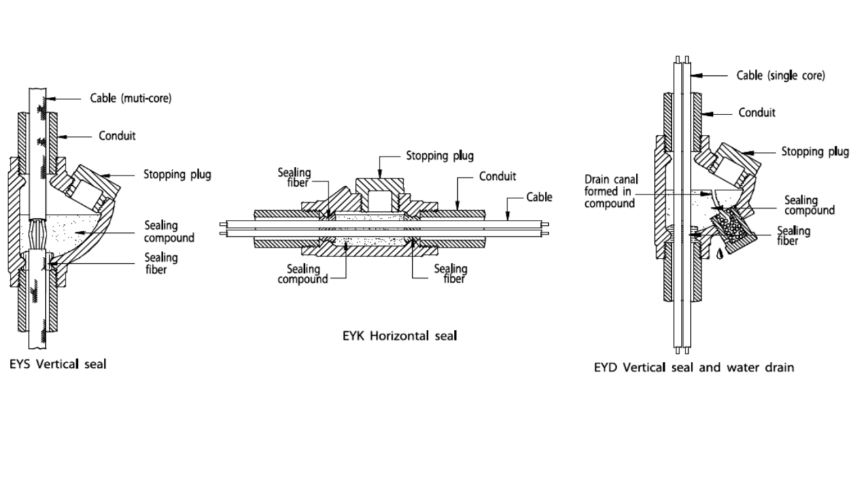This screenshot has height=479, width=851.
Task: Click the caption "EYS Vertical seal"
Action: pos(58,364)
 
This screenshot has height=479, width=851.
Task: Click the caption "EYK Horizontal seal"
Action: pos(399,336)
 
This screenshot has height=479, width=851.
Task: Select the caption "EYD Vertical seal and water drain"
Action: pos(693,367)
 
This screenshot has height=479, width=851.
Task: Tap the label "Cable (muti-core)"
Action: pos(130,99)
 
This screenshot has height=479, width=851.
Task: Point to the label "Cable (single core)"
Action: pos(780,75)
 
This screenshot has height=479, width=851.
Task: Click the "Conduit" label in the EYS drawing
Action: pos(116,136)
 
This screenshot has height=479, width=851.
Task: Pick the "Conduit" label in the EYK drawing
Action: pos(497,176)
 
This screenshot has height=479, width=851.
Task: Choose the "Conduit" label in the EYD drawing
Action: pos(757,113)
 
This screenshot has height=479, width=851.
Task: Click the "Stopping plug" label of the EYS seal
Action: pos(177,175)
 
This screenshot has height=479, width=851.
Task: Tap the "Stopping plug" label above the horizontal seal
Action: pos(440,156)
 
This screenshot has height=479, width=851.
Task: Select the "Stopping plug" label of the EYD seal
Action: pos(815,152)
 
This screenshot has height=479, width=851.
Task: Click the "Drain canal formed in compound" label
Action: pos(612,190)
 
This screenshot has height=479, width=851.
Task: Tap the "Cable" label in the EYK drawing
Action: pos(539,197)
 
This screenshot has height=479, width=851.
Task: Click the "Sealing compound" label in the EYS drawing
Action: pos(169,232)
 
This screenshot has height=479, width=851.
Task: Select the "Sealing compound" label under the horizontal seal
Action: pos(303,274)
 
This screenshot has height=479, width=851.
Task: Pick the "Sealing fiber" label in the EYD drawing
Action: pos(793,236)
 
